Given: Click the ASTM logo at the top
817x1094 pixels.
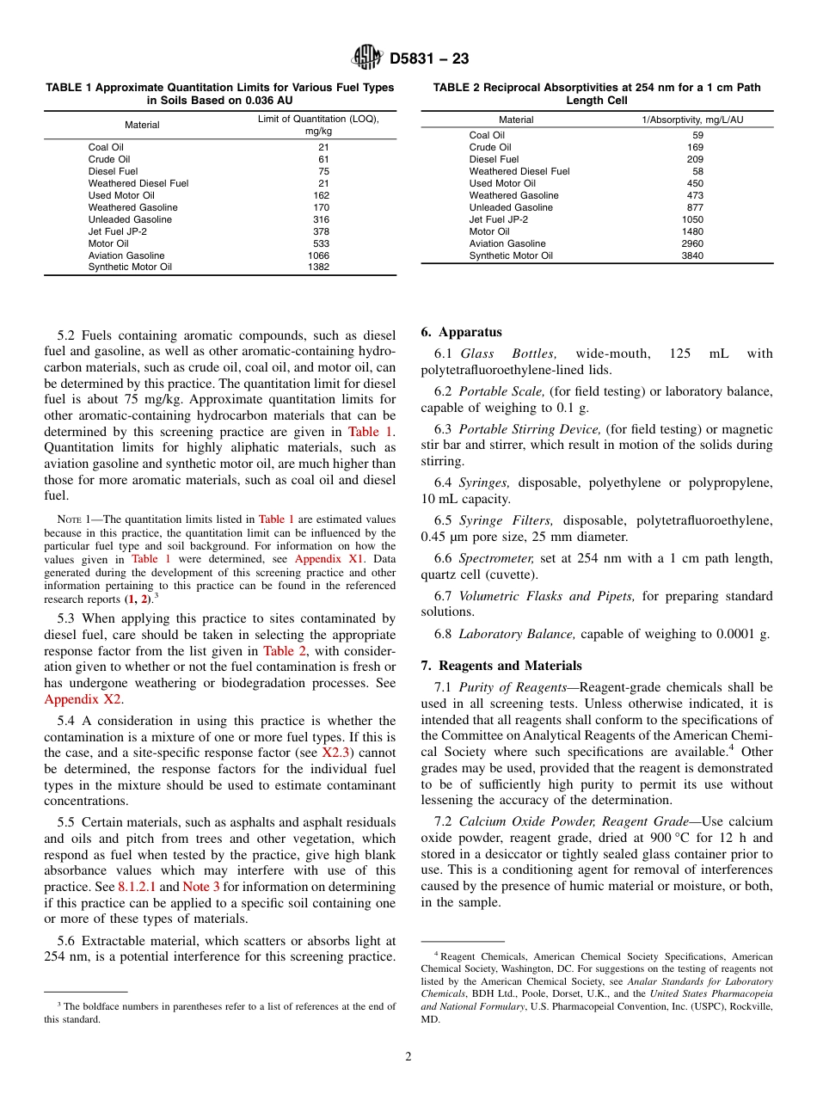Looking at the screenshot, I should [x=367, y=58].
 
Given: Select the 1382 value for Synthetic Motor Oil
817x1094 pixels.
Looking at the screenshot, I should [x=318, y=267].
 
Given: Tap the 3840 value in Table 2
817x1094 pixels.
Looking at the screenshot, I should [x=691, y=255].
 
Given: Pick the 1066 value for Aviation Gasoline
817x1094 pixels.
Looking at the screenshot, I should [x=318, y=255].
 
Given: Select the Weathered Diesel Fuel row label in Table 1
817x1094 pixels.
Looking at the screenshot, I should [x=138, y=183].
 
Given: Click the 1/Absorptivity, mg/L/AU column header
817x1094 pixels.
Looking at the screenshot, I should [x=692, y=120].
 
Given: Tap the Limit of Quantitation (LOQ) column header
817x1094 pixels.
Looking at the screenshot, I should [x=318, y=119].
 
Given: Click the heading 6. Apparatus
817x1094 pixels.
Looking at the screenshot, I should [x=461, y=332].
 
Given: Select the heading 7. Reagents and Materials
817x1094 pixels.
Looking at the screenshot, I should [x=501, y=666].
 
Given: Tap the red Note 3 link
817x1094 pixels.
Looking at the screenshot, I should [x=201, y=886].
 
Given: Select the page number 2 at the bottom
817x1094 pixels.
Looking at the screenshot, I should [x=408, y=1057].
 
